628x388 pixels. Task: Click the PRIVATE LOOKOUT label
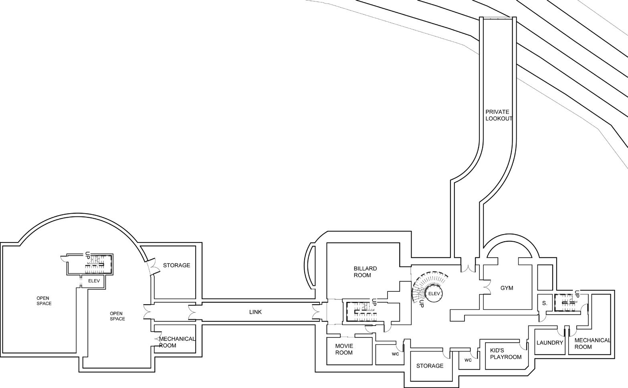[498, 115]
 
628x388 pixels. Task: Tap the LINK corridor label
[255, 312]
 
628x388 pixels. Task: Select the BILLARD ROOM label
[365, 272]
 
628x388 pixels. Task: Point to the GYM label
[507, 288]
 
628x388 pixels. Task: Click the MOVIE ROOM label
[344, 349]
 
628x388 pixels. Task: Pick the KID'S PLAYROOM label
[506, 354]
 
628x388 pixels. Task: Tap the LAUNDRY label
[550, 343]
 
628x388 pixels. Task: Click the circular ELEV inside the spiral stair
[434, 294]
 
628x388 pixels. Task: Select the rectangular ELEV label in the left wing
[94, 281]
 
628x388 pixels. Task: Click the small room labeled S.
[545, 303]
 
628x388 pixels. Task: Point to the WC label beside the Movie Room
[395, 354]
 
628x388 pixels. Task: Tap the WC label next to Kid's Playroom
[468, 360]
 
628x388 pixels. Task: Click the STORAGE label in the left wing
[176, 265]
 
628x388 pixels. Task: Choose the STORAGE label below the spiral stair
[430, 366]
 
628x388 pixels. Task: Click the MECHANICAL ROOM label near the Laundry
[592, 344]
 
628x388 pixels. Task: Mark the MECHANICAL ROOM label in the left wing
[176, 342]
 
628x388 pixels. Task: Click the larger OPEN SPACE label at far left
[44, 301]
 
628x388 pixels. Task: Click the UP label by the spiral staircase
[421, 304]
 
